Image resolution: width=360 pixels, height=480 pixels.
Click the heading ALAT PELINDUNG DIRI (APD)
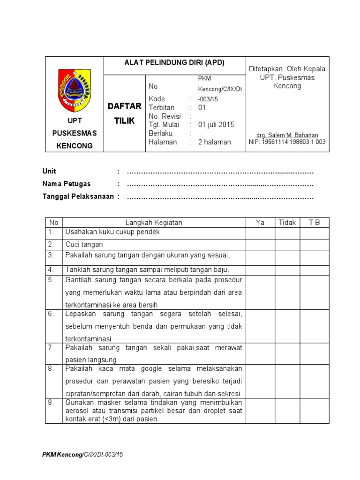[174, 63]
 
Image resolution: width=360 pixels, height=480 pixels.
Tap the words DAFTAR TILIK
[124, 113]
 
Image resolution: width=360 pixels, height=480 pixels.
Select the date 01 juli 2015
[216, 125]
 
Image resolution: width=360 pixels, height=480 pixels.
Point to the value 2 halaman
[214, 142]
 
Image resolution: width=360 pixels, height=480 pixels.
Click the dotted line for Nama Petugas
[220, 184]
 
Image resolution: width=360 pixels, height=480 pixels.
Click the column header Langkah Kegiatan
[154, 223]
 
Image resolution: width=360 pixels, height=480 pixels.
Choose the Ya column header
[260, 223]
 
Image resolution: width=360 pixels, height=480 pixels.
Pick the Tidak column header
[287, 223]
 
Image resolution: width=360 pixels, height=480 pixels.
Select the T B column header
[314, 223]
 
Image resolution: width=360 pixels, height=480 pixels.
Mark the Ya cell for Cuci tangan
[260, 245]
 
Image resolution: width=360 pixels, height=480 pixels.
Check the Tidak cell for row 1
[287, 233]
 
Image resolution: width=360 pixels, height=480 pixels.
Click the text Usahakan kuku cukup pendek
[112, 232]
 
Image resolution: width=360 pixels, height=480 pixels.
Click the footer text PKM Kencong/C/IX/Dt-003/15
[82, 455]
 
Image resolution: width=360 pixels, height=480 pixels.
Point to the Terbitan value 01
[202, 108]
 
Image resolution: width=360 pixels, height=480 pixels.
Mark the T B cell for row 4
[314, 270]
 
